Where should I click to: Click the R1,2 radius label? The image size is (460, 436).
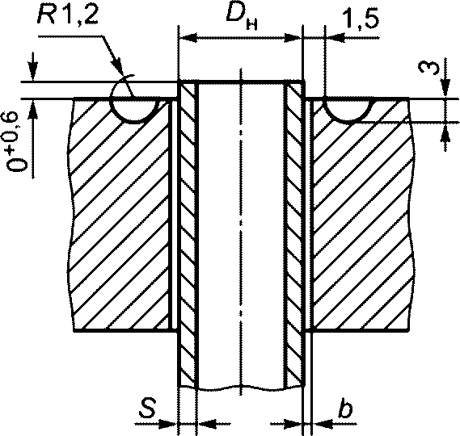(x=67, y=18)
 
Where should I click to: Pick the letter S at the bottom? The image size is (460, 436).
(x=147, y=407)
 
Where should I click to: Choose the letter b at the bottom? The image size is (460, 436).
(x=345, y=407)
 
